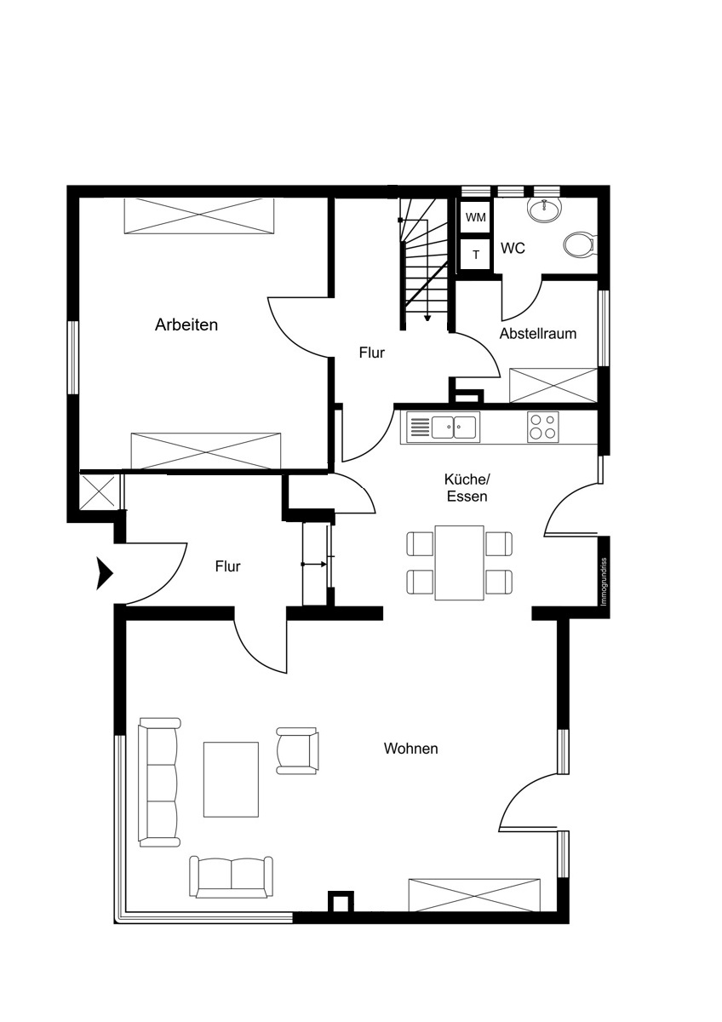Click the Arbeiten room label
(186, 324)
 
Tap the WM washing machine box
(475, 217)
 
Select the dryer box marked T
(475, 255)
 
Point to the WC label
(513, 249)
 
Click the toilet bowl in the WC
(578, 246)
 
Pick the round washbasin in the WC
(545, 210)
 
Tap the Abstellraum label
(538, 334)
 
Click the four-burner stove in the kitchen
(542, 427)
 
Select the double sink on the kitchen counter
(456, 428)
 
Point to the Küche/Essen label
(467, 488)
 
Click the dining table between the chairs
(459, 563)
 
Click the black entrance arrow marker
(104, 573)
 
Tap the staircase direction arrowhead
(427, 318)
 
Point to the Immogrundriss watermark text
(604, 582)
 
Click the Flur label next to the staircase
(372, 353)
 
